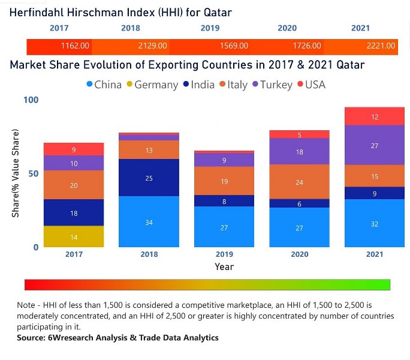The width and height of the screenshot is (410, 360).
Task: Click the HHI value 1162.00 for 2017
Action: (75, 46)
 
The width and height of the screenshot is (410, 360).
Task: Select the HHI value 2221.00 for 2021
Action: (381, 46)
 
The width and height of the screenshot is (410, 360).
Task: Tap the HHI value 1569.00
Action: (234, 46)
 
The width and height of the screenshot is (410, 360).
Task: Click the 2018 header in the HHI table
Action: (130, 28)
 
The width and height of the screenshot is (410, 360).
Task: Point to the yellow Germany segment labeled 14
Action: (74, 237)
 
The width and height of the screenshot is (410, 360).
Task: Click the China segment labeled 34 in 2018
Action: (149, 222)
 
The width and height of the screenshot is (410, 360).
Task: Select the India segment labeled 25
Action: (149, 178)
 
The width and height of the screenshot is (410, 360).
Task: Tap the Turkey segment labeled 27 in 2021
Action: (375, 145)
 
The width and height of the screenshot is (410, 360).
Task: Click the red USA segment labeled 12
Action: (375, 117)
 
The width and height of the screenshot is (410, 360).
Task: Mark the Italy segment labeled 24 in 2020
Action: (300, 182)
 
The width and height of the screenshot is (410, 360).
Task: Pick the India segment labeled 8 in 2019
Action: (224, 202)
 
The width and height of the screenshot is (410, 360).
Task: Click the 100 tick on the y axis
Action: (31, 100)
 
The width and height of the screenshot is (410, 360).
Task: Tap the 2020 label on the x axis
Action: (300, 254)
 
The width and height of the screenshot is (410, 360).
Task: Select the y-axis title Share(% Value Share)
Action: (16, 173)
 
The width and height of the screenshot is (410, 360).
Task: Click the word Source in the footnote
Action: (32, 338)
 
